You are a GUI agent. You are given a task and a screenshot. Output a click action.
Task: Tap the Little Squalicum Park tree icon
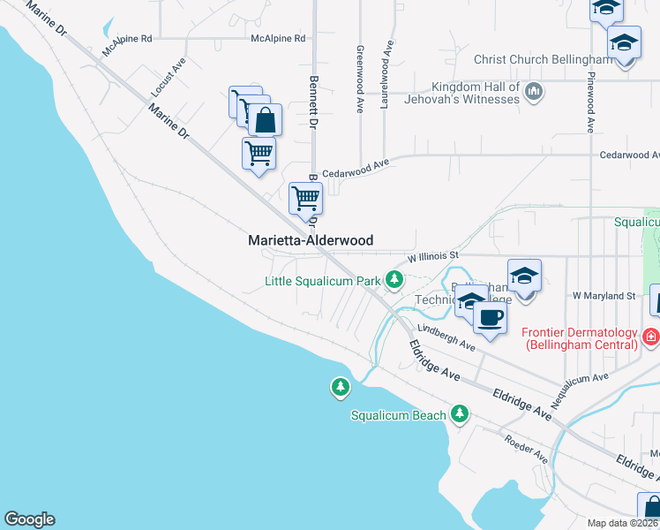(x=394, y=281)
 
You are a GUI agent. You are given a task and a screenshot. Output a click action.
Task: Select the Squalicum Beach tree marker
(x=459, y=413)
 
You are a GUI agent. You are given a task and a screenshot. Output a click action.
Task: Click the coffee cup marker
(x=490, y=317)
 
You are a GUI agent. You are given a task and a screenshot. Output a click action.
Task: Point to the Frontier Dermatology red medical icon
(x=651, y=337)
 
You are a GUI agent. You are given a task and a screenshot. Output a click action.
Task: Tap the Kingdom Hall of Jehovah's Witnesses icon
(x=533, y=92)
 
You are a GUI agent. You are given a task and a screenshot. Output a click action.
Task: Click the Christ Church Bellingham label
(x=543, y=60)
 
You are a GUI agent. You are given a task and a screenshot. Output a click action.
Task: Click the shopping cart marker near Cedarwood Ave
(x=305, y=199)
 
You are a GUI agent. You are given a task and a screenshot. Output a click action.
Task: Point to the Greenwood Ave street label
(x=360, y=79)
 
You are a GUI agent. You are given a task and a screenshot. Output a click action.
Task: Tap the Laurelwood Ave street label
(x=385, y=72)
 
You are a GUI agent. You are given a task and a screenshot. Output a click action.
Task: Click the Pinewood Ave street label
(x=589, y=97)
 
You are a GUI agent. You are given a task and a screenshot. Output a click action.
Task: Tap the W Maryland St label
(x=604, y=295)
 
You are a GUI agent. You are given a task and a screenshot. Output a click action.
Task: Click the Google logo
(x=29, y=519)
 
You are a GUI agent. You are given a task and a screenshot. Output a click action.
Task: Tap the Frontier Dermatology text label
(x=580, y=338)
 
